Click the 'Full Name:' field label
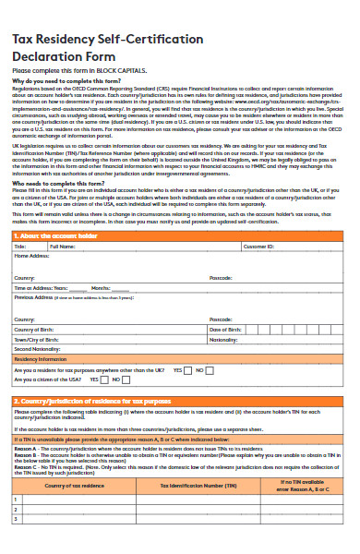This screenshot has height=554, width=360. (x=62, y=247)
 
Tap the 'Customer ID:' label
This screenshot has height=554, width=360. (x=258, y=247)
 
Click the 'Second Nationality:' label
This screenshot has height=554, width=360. (x=38, y=349)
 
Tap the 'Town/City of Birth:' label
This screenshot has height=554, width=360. (x=40, y=339)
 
